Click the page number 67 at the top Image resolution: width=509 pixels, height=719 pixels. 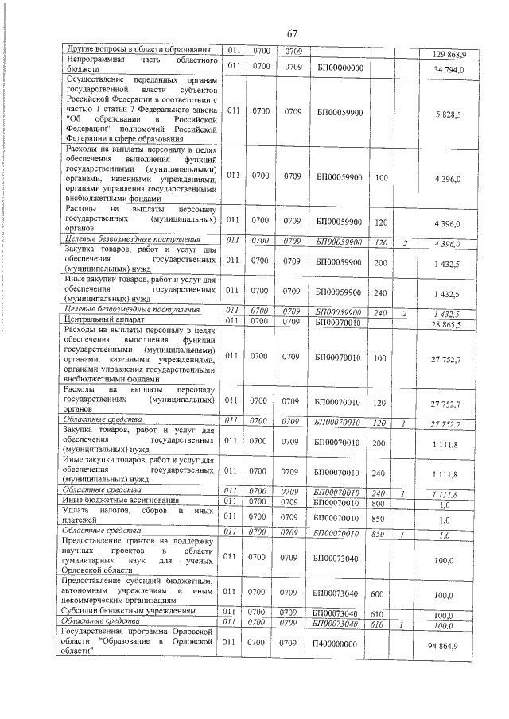coord(291,33)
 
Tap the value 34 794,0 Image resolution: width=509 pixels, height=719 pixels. coord(454,70)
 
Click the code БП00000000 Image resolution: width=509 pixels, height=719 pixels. coord(339,68)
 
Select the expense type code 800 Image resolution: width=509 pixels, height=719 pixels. coord(381,502)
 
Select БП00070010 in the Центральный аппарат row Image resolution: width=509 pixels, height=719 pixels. coord(339,321)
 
